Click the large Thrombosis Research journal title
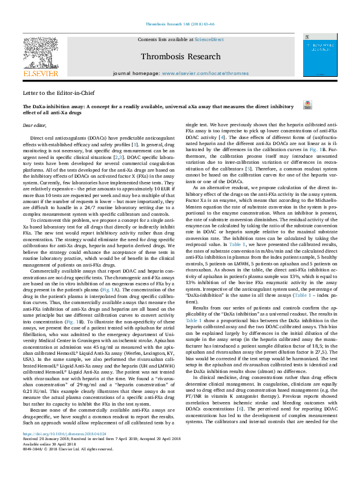180,57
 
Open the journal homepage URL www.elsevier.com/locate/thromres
204,73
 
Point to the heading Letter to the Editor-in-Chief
59,94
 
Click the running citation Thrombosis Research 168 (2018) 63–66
180,25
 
